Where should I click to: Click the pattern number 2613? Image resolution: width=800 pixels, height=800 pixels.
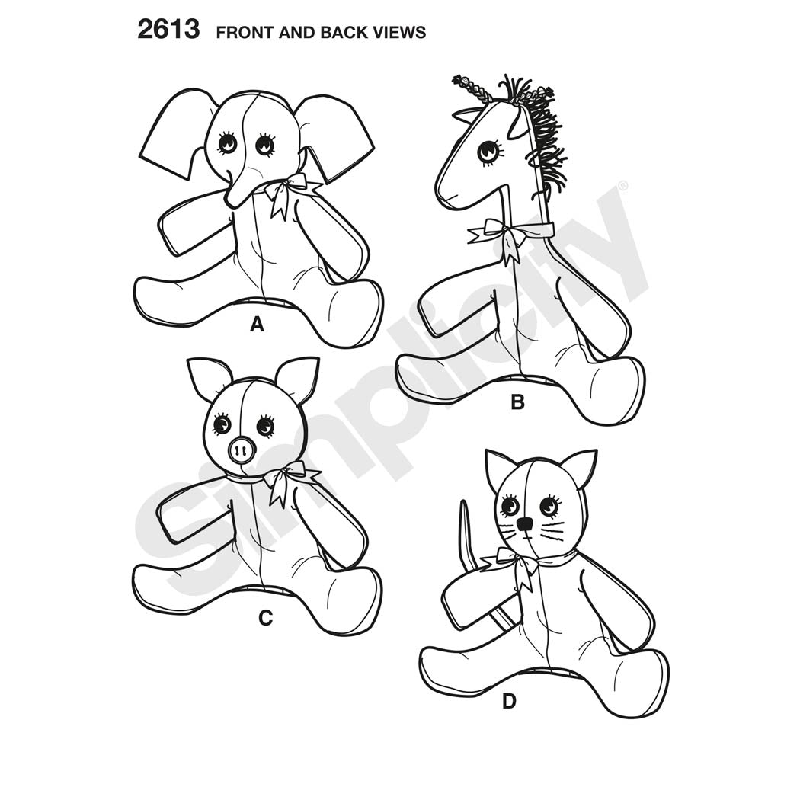168,29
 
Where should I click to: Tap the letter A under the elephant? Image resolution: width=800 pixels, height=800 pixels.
257,324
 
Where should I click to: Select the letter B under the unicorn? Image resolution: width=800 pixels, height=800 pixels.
517,402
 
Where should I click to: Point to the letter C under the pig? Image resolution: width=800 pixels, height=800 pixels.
265,618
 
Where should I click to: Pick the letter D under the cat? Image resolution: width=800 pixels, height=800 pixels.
509,702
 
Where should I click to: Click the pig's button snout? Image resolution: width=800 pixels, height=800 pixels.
242,450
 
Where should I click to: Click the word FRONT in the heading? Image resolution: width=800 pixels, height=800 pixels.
245,32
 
